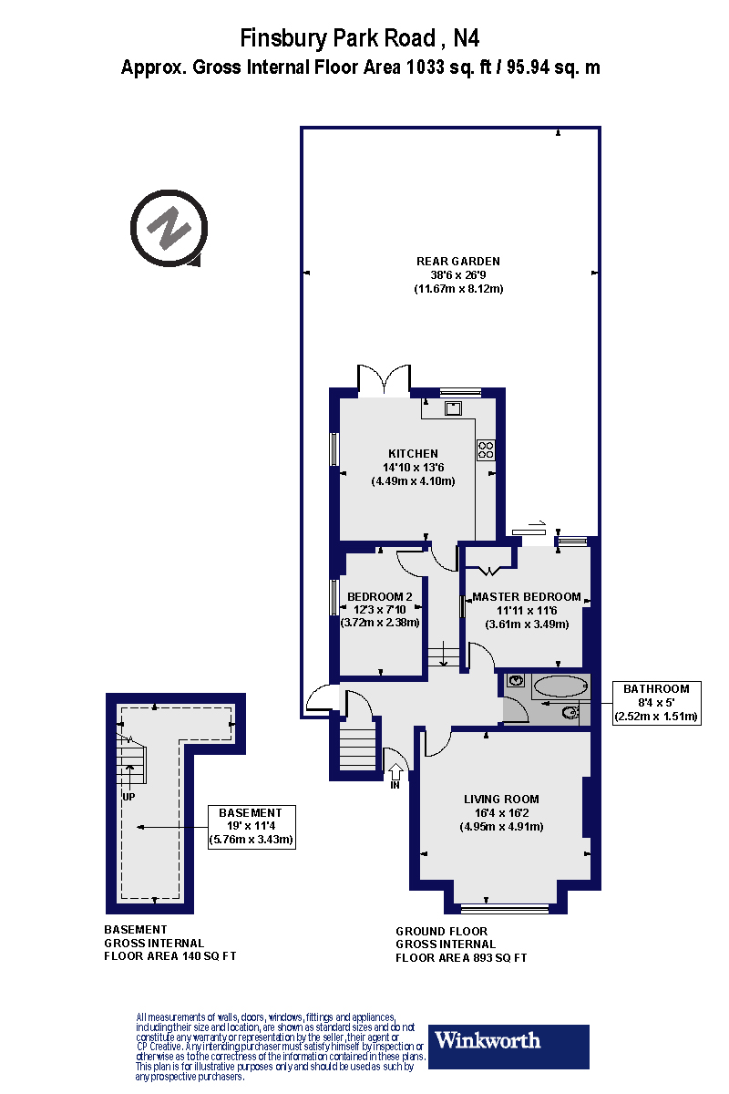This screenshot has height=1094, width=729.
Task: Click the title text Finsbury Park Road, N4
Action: point(360,38)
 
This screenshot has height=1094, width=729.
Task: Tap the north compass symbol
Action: point(165,228)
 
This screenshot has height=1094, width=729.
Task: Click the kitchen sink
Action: point(453,408)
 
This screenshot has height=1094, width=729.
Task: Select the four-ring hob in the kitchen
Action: point(486,449)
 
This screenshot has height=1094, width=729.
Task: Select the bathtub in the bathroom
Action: point(560,686)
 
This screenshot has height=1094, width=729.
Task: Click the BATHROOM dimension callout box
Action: point(656,702)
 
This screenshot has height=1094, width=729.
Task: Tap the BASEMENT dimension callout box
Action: point(252,826)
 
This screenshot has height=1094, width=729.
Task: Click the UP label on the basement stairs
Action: point(129,795)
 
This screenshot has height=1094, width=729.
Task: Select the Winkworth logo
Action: point(508,1045)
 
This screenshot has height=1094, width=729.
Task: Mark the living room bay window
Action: point(504,908)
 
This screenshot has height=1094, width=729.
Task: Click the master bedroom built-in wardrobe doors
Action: point(490,570)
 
